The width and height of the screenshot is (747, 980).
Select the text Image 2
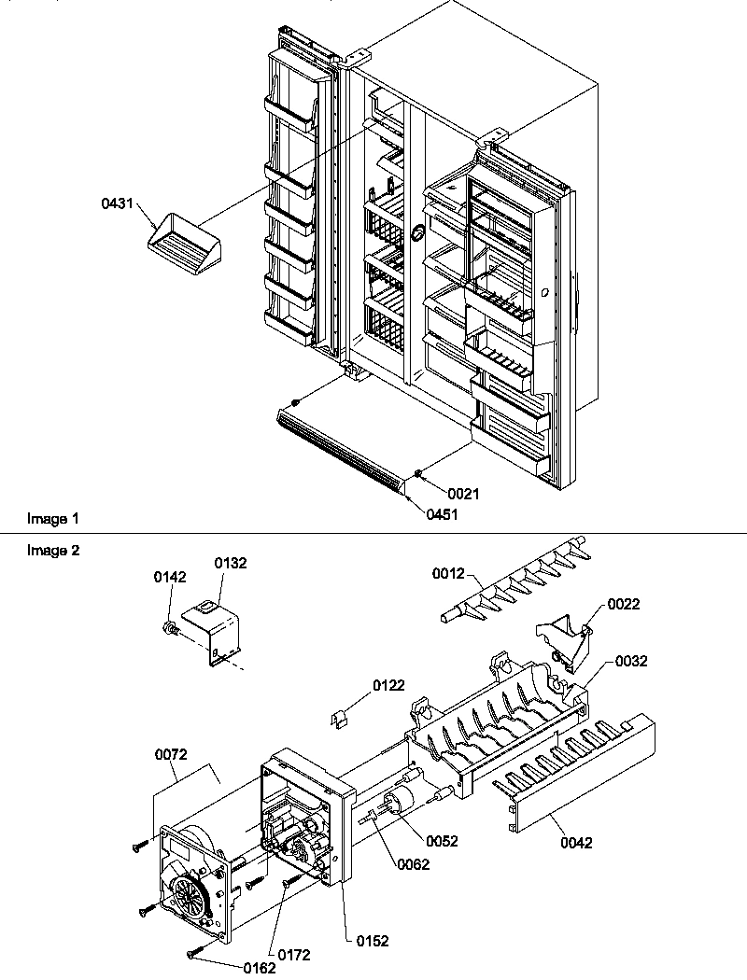[53, 551]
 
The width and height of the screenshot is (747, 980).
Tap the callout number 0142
[169, 578]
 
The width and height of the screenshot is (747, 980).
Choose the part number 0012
[449, 576]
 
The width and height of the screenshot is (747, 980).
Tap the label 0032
[631, 662]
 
